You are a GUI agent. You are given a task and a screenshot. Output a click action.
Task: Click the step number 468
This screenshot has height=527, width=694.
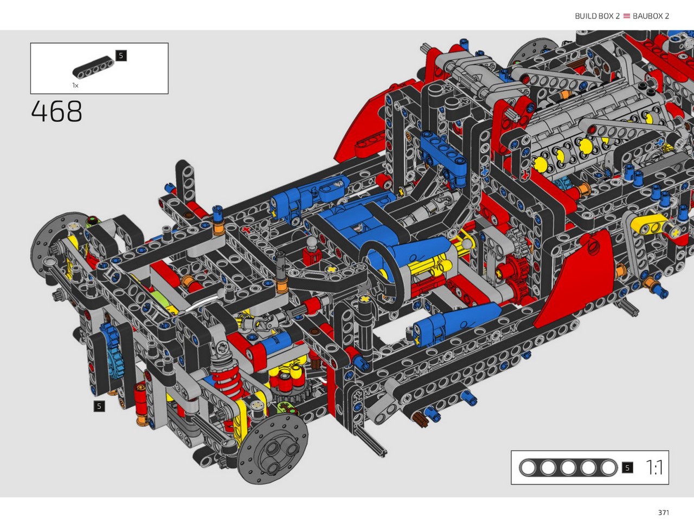tap(56, 111)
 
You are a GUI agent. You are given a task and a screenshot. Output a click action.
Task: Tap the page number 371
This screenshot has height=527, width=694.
tap(663, 512)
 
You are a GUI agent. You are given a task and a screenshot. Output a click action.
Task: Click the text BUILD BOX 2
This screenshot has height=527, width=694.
tap(597, 16)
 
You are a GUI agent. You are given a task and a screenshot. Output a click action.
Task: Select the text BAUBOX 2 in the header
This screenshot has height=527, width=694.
tap(651, 16)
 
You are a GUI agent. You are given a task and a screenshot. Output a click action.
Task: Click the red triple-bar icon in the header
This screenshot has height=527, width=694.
tap(626, 16)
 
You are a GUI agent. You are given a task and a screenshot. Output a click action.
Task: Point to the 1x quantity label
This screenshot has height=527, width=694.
tap(75, 85)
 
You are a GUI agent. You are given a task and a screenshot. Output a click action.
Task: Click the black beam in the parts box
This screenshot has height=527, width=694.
tap(93, 67)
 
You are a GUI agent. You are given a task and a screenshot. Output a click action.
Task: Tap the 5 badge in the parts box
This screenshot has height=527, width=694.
tap(121, 56)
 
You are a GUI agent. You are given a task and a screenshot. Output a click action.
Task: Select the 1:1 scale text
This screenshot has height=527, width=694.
tap(654, 467)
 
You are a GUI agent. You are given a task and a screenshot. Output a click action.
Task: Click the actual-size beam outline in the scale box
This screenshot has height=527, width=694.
tap(568, 467)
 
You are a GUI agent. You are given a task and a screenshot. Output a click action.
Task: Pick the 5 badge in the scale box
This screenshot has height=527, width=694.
tap(627, 467)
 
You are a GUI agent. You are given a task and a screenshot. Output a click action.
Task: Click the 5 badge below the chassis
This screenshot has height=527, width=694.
tap(99, 406)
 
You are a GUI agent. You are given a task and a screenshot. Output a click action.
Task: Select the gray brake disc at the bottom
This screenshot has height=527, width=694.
tap(273, 448)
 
